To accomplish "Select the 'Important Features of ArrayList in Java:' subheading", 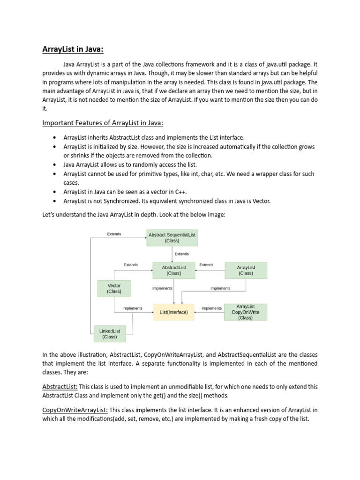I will (103, 123).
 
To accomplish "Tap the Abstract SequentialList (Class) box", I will (172, 238).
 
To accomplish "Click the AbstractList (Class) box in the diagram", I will (174, 270).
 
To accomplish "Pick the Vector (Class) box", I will (114, 288).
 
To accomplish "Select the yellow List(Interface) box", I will (174, 312).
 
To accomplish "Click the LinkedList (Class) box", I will (110, 334).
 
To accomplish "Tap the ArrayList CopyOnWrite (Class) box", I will (245, 312).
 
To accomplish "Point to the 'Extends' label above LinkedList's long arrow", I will (114, 234).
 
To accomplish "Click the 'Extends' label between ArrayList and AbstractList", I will (206, 265).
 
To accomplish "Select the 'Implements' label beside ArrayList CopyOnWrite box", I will (211, 308).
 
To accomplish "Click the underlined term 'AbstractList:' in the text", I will (60, 387).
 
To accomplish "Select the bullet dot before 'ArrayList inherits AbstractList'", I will (55, 137).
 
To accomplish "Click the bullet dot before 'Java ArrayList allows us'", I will (55, 165).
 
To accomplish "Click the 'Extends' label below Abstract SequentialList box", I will (182, 254).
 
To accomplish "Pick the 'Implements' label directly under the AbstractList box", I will (162, 288).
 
